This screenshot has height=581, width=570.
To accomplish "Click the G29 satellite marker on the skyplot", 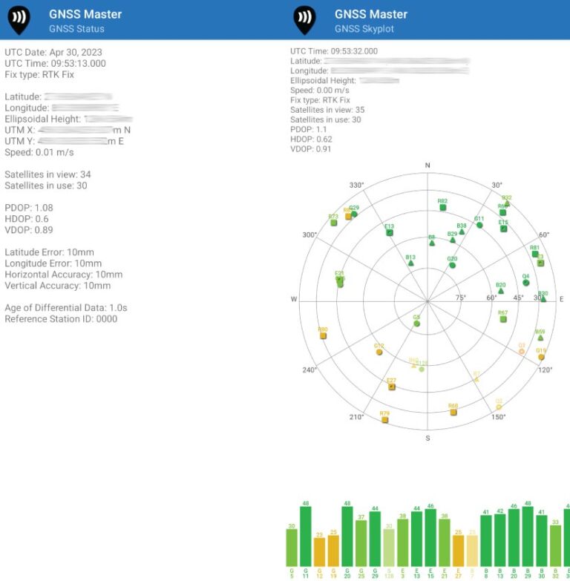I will click(354, 214).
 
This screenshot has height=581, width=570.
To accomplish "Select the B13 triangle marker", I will click(410, 263).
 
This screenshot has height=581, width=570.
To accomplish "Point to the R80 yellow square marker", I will click(323, 336).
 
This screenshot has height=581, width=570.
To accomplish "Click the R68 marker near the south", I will click(453, 412).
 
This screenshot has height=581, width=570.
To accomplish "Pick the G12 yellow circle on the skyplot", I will click(379, 352).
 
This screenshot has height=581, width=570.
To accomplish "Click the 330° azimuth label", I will click(358, 185).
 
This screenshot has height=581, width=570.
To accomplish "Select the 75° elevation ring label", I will click(460, 298).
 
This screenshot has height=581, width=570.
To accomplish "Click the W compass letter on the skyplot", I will click(294, 299).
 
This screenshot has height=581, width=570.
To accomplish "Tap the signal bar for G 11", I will click(306, 536).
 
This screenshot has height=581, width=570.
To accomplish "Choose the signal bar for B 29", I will click(528, 536).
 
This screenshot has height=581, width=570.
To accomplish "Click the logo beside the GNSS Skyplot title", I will click(304, 20).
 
